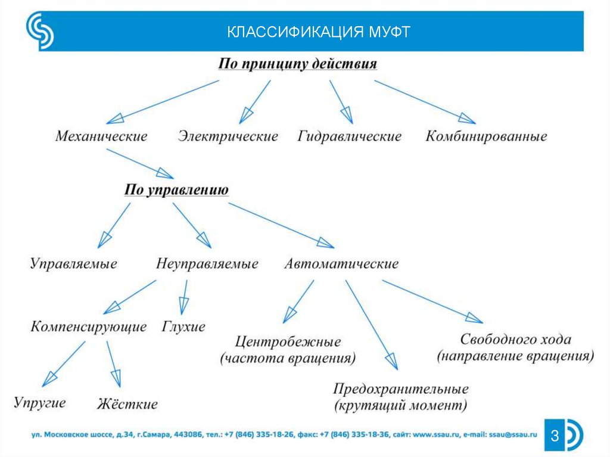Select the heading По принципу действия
[x=297, y=64]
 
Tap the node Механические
[x=101, y=136]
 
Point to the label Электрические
[x=228, y=136]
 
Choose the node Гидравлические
[x=350, y=136]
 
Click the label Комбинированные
[x=486, y=136]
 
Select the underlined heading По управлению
[x=176, y=190]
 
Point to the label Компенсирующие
[x=89, y=327]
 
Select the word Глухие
[x=183, y=327]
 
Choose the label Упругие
[x=39, y=402]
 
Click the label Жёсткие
[x=127, y=405]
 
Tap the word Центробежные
[x=288, y=343]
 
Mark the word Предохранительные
[x=400, y=390]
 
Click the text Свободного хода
[x=516, y=340]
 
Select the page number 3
[x=554, y=437]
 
